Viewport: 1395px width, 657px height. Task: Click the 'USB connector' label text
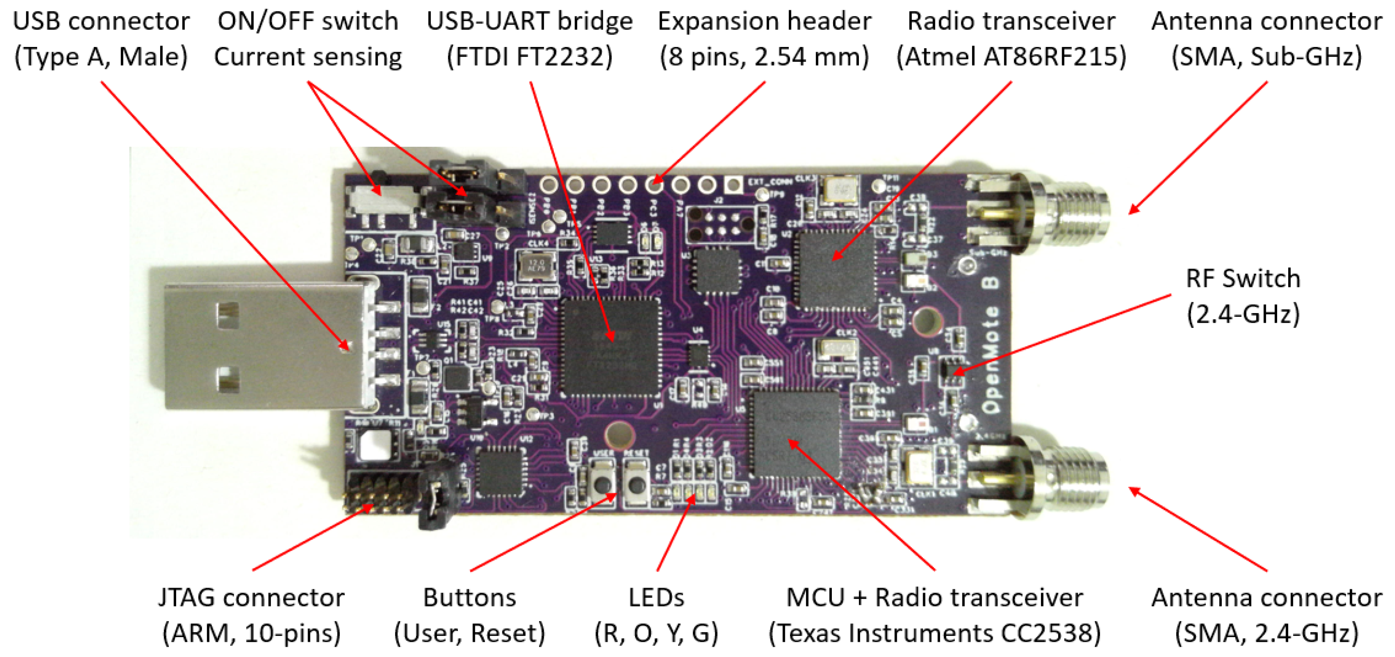[101, 22]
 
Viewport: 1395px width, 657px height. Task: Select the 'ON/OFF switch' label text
[308, 22]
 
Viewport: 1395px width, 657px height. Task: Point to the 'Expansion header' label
[764, 22]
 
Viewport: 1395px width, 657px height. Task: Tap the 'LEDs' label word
[657, 598]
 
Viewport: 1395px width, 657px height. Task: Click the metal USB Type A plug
[260, 347]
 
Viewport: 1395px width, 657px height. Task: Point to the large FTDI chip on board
[610, 346]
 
